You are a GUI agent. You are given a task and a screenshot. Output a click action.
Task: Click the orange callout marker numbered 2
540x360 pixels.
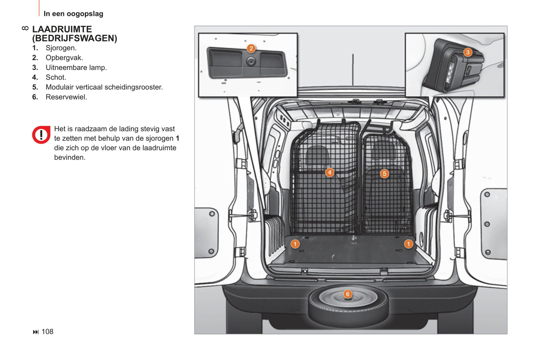tap(251, 49)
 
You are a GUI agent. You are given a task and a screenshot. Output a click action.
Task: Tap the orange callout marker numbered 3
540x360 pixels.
tap(468, 52)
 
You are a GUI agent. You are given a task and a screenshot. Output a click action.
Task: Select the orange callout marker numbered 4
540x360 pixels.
tap(330, 172)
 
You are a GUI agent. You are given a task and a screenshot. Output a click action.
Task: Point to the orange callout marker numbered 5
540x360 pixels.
tap(385, 174)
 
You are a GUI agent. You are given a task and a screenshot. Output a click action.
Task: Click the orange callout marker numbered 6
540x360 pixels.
tap(348, 294)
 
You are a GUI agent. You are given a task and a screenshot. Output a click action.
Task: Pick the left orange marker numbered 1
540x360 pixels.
tap(295, 244)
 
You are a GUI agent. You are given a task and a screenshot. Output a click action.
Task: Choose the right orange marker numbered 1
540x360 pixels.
tap(408, 244)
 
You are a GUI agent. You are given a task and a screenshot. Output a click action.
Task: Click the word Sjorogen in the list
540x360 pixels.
tap(61, 48)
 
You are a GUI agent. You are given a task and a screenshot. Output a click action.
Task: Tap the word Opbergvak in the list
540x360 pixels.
tap(64, 58)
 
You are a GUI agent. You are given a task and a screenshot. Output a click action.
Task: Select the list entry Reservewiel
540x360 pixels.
tap(66, 97)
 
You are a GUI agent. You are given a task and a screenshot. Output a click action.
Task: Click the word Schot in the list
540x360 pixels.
tap(56, 77)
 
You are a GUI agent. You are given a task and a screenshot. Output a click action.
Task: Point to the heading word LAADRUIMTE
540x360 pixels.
tap(62, 29)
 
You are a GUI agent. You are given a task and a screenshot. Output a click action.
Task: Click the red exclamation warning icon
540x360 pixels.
tap(41, 135)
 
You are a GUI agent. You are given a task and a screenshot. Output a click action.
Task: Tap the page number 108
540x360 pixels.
tap(47, 332)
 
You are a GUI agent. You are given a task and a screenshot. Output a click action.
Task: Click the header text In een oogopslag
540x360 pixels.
tap(73, 14)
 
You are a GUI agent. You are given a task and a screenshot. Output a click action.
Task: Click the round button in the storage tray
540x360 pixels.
tap(251, 61)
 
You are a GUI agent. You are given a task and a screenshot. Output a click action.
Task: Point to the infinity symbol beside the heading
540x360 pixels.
tap(25, 28)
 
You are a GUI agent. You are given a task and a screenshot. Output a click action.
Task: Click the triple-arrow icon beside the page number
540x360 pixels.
tap(36, 332)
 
